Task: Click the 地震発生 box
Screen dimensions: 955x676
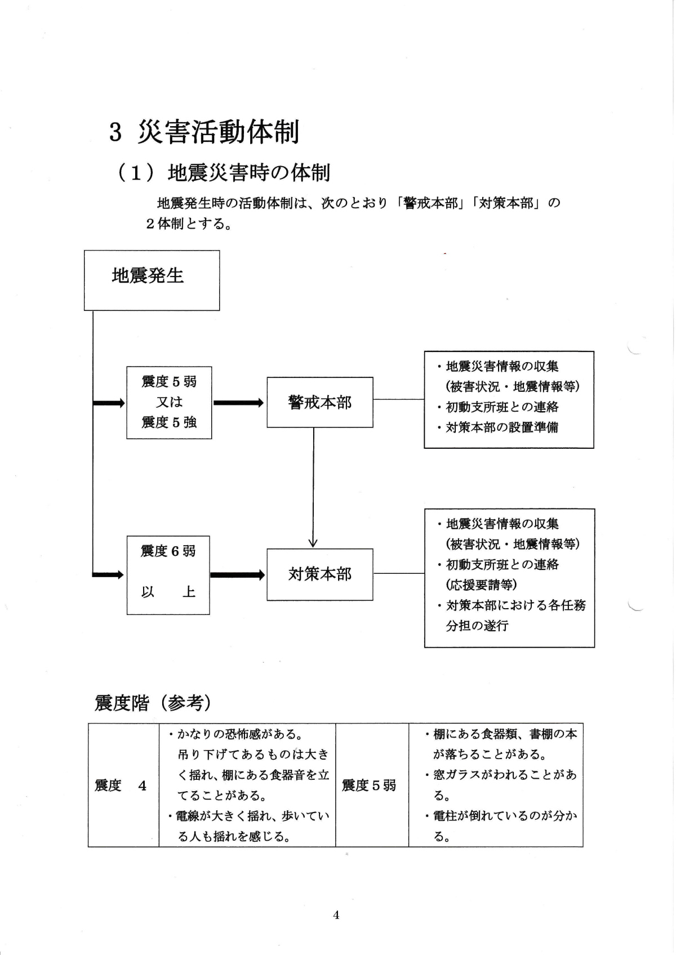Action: coord(152,280)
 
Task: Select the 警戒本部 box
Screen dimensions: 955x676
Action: coord(319,402)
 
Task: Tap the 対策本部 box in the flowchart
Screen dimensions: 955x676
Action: coord(319,574)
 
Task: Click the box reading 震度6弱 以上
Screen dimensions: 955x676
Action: coord(168,574)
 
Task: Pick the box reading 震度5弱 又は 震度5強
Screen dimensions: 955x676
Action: coord(169,402)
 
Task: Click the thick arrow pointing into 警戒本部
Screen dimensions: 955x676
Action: coord(238,403)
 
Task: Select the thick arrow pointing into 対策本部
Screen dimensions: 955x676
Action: coord(237,575)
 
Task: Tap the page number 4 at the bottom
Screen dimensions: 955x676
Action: coord(336,915)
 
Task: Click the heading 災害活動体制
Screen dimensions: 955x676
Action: coord(218,132)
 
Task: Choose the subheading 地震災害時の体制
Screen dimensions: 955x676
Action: coord(248,173)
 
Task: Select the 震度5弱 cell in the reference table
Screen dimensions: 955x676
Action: coord(370,786)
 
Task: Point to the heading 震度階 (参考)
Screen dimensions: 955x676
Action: coord(153,703)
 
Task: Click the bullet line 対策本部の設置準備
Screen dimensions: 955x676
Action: coord(501,427)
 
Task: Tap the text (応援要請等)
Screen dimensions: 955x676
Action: coord(482,584)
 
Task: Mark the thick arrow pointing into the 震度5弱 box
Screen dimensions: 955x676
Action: coord(109,403)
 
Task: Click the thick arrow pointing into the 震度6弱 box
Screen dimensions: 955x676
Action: coord(108,575)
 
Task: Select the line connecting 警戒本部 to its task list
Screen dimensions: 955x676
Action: coord(398,399)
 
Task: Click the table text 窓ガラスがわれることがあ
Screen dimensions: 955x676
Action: coord(505,775)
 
